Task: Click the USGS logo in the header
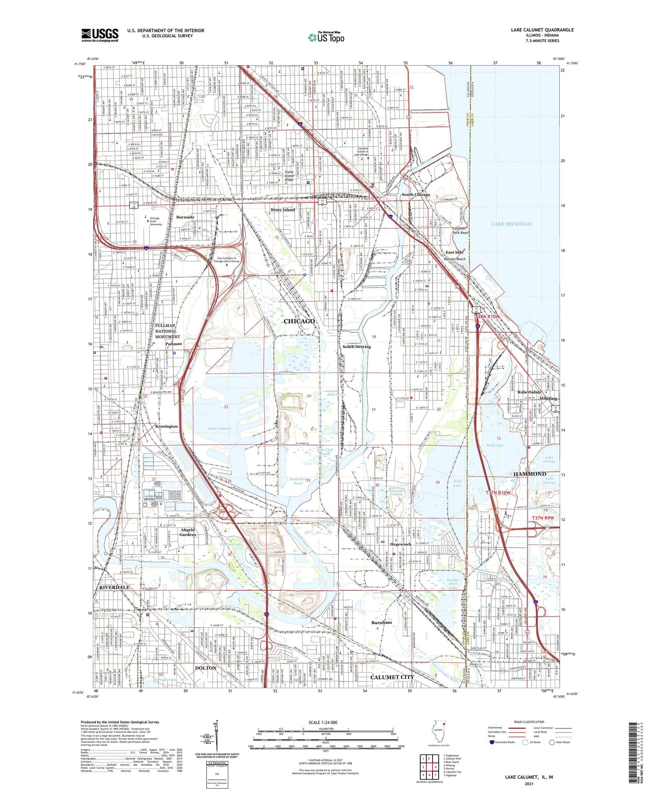(x=100, y=35)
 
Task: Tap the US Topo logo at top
(x=326, y=38)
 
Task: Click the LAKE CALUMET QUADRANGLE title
(x=542, y=30)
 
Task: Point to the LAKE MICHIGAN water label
(x=511, y=224)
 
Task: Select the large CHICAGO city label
(x=299, y=321)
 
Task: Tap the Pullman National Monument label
(x=167, y=331)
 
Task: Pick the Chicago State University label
(x=155, y=221)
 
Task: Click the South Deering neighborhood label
(x=356, y=346)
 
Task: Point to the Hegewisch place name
(x=401, y=544)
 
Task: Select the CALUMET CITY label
(x=391, y=677)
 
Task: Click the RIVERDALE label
(x=114, y=587)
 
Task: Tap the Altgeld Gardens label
(x=188, y=532)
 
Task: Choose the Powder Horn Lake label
(x=453, y=583)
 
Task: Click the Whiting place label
(x=548, y=398)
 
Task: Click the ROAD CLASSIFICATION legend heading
(x=529, y=722)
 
